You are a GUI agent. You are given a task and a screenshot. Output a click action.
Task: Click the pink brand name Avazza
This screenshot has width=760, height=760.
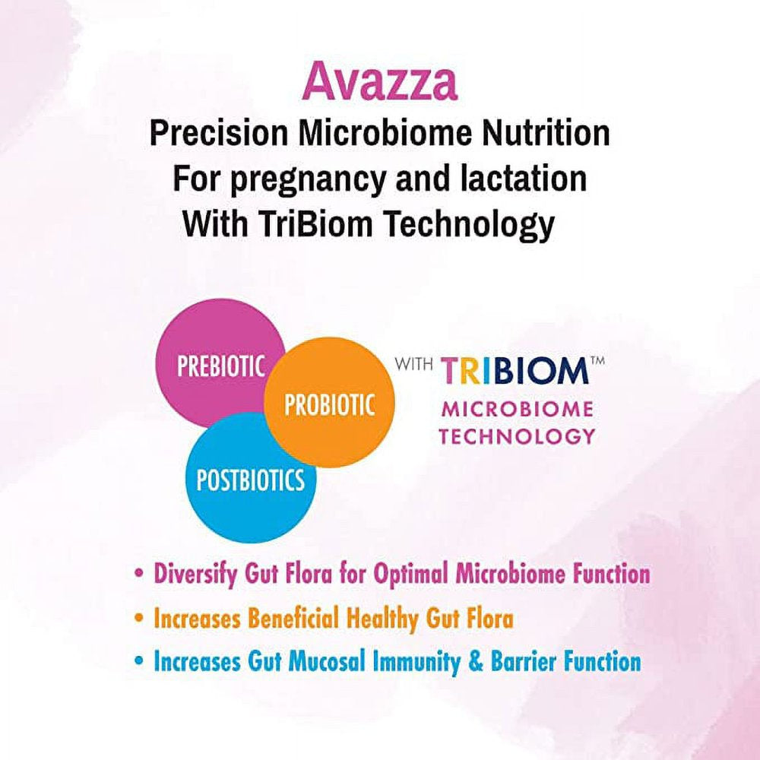[379, 83]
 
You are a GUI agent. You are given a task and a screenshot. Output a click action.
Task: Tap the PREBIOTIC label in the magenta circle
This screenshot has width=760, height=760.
[221, 366]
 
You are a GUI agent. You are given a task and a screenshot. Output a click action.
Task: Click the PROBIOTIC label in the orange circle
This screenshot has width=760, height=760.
[329, 404]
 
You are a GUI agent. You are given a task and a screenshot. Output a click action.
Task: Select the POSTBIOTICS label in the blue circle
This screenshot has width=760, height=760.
[250, 480]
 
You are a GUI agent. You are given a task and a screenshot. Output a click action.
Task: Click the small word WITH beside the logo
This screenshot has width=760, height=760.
[414, 363]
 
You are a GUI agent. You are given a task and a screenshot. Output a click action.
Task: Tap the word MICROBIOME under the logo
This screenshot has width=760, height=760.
[518, 409]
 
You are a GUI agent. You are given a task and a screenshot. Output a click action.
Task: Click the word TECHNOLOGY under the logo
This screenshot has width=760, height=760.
[518, 436]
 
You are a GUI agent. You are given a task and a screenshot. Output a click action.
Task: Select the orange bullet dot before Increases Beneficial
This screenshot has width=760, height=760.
[138, 619]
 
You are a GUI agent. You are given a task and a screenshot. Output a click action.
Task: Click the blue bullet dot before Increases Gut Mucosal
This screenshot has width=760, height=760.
[138, 662]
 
